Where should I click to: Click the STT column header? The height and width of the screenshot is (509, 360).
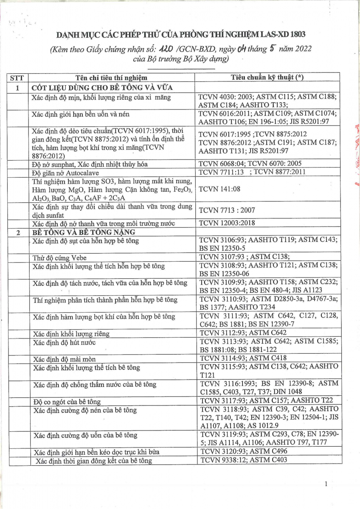17,78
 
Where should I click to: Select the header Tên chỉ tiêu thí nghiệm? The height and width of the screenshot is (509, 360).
111,78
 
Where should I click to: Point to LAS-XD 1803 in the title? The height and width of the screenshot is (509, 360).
282,34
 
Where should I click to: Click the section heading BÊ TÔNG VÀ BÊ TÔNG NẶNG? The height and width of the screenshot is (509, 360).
84,232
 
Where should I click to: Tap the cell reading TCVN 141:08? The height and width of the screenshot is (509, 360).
219,189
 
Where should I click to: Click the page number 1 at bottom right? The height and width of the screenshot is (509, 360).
326,484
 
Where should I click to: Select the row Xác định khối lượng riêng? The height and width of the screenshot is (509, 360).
71,333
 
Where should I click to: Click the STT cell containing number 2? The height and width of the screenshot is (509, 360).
17,232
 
